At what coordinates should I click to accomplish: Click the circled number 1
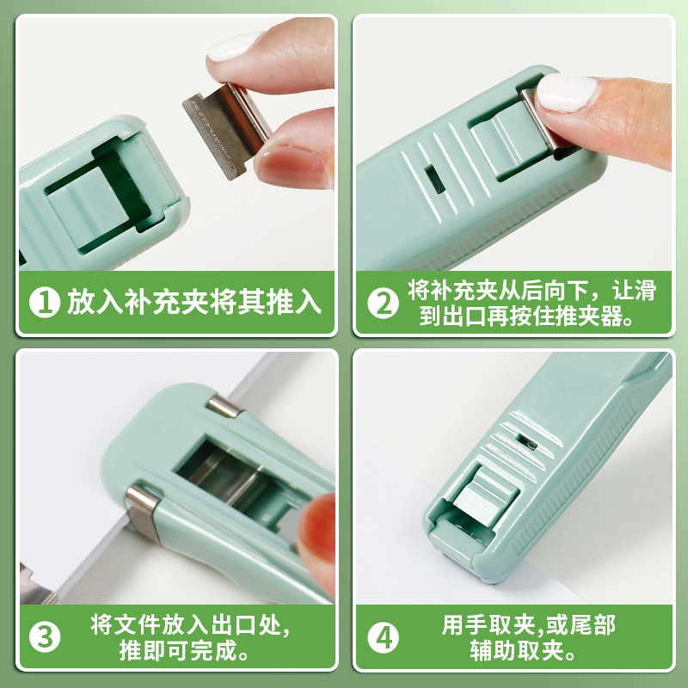pos(45,303)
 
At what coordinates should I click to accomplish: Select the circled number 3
pos(45,637)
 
